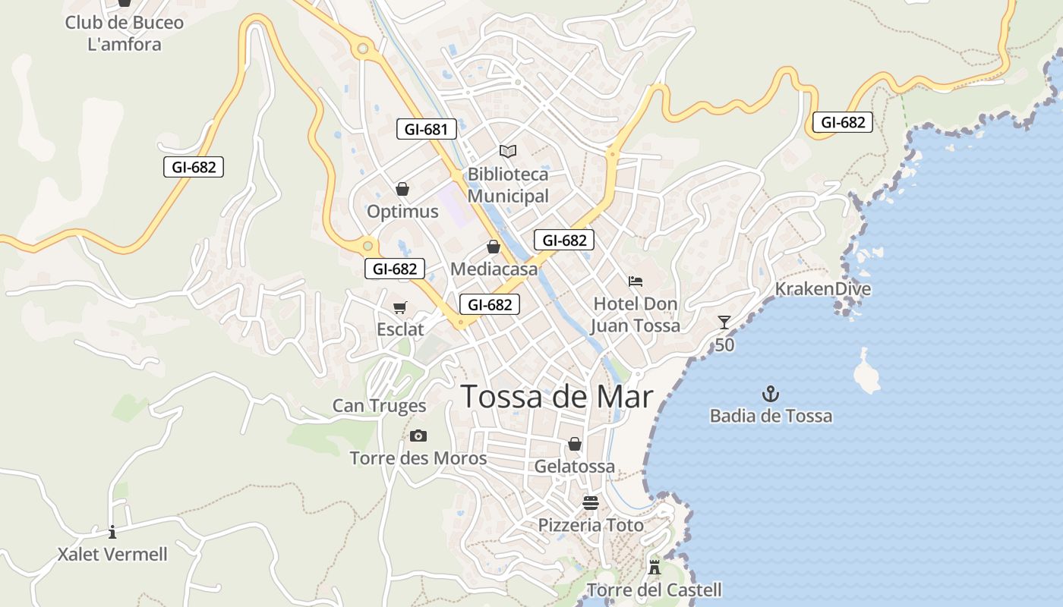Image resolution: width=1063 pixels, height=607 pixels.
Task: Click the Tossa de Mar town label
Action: click(557, 396)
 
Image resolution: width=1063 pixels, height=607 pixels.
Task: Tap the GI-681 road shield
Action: click(427, 129)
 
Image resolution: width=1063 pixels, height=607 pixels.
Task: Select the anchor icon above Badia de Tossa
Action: click(771, 394)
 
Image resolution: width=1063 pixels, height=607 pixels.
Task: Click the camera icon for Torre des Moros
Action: click(418, 436)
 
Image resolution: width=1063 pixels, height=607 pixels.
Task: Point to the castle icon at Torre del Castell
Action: click(654, 567)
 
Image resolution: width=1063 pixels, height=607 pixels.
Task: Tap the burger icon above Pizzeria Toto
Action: click(590, 502)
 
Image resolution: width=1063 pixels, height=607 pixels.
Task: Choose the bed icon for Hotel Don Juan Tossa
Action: click(636, 281)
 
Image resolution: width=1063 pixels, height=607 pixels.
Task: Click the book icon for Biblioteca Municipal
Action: click(507, 151)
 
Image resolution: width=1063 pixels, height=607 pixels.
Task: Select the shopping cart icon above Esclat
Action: click(400, 307)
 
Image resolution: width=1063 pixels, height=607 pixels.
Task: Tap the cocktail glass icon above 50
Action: click(724, 322)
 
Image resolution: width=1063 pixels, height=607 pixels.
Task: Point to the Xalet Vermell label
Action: click(112, 555)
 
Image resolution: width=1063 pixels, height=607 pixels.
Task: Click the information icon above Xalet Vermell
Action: click(112, 531)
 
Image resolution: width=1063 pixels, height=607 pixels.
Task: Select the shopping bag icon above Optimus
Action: click(402, 189)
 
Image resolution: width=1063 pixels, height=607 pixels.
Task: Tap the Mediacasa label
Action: click(494, 269)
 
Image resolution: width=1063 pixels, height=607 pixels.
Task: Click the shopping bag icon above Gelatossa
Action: click(575, 444)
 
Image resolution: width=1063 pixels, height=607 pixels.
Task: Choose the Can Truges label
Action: click(379, 406)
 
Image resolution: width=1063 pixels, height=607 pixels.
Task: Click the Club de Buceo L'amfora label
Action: click(125, 33)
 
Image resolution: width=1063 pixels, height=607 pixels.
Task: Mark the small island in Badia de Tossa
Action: click(866, 373)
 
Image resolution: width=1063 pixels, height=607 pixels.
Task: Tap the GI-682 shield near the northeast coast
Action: click(842, 122)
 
